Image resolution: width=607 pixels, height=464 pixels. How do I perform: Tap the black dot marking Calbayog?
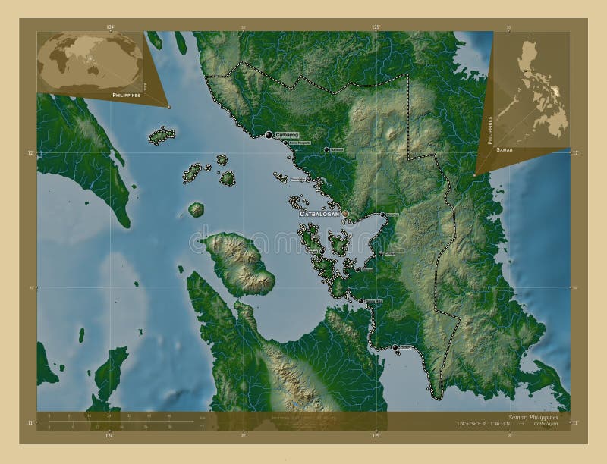269,135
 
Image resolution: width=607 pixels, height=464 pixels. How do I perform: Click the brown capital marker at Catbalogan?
345,215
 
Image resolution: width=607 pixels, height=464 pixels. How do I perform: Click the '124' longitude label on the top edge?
110,27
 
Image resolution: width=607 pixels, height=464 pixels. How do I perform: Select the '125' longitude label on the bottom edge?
375,436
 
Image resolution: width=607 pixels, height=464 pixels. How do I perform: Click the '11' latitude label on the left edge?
30,422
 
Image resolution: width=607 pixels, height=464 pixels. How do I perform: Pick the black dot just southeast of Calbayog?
285,142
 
